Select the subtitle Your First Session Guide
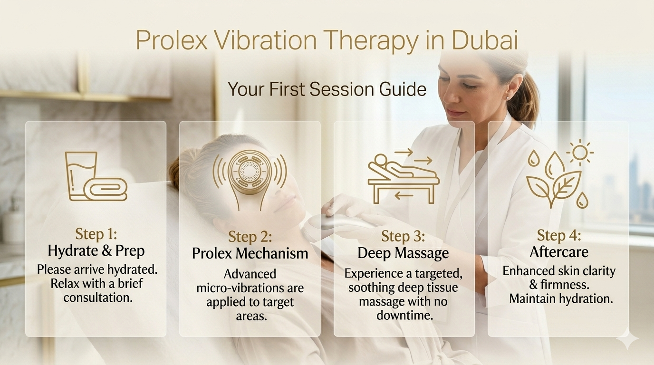[327, 89]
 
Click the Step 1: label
[96, 234]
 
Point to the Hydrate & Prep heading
[96, 250]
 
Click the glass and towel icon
[96, 176]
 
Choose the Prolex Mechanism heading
[250, 253]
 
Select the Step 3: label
[403, 236]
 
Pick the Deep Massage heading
[403, 253]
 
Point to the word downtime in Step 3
[404, 315]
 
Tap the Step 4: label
[559, 235]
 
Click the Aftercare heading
[559, 252]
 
